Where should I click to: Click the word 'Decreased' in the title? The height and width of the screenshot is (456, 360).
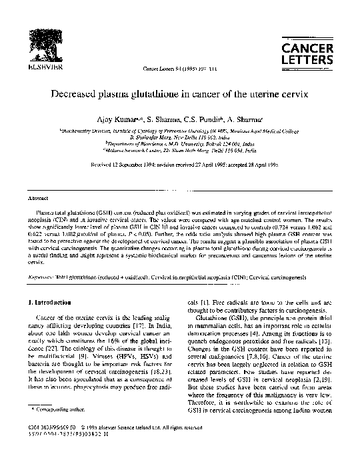click(77, 95)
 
